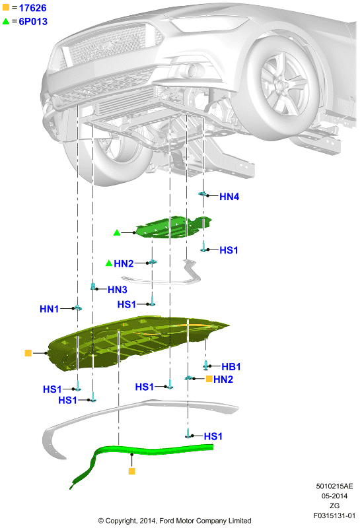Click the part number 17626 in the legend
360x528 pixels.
(x=32, y=8)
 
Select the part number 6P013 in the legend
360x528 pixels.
(x=33, y=22)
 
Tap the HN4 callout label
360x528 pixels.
(x=229, y=197)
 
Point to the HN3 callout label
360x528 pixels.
(x=118, y=290)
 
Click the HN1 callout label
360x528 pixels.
(x=50, y=309)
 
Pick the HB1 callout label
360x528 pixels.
(x=231, y=366)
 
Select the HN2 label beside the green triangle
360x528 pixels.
(x=124, y=263)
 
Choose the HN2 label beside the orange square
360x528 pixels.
(x=223, y=379)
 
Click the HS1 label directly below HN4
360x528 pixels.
(x=229, y=250)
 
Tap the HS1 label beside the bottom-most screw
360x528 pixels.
(x=213, y=436)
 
